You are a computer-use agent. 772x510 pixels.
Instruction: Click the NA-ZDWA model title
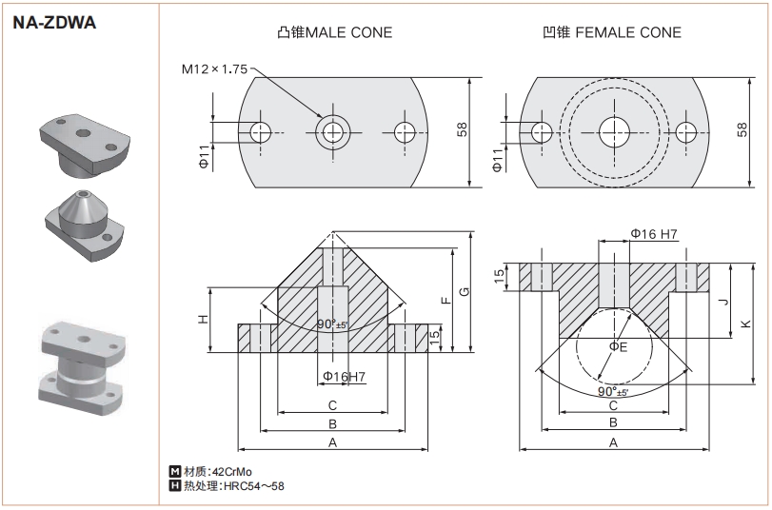coord(55,23)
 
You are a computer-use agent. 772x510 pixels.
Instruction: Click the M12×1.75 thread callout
coord(214,69)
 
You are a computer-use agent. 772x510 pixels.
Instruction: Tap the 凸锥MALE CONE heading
coord(333,32)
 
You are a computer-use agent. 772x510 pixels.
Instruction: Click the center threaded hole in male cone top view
coord(332,130)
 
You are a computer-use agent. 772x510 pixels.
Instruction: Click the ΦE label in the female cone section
coord(618,346)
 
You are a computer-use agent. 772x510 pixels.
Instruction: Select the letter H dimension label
coord(203,318)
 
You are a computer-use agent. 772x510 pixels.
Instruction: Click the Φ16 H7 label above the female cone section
coord(654,234)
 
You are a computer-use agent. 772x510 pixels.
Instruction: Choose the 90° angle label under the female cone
coord(612,392)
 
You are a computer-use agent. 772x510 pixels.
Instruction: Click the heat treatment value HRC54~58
coord(252,486)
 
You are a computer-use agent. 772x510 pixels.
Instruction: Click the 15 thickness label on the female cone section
coord(500,276)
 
